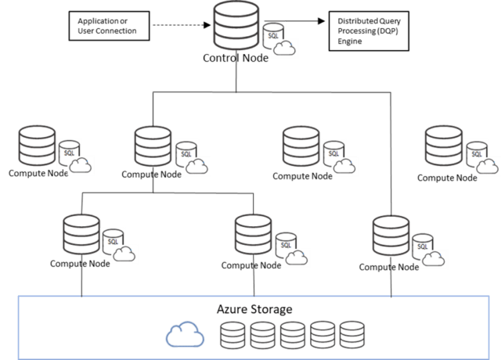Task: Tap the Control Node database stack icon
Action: click(236, 28)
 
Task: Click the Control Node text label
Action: click(235, 59)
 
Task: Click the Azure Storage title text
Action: click(254, 309)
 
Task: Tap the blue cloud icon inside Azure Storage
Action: click(185, 335)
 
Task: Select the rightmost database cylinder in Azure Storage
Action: click(351, 335)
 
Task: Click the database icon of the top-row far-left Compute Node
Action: click(35, 145)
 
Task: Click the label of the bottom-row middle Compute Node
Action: click(250, 265)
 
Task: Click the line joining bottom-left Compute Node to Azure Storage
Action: click(81, 283)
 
